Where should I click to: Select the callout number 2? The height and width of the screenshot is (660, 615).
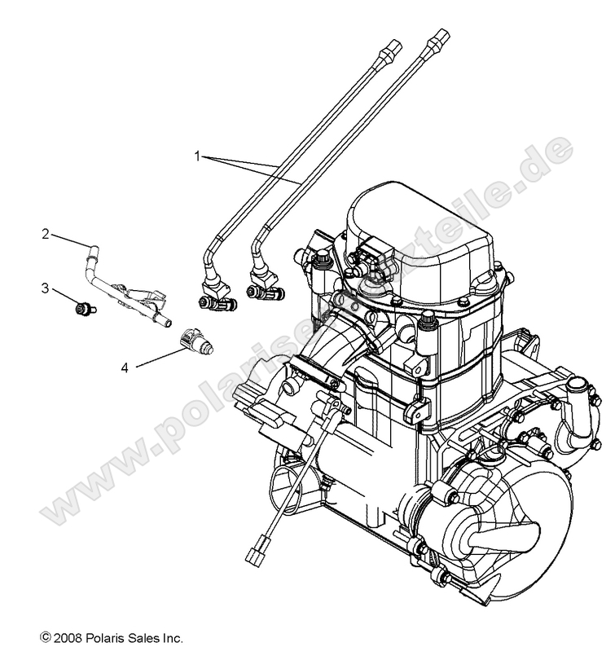[x=46, y=234]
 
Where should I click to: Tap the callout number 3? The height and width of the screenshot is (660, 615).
[x=46, y=287]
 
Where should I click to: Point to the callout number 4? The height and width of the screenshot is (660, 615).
[x=125, y=368]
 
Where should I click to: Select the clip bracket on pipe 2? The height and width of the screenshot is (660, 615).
[x=138, y=293]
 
